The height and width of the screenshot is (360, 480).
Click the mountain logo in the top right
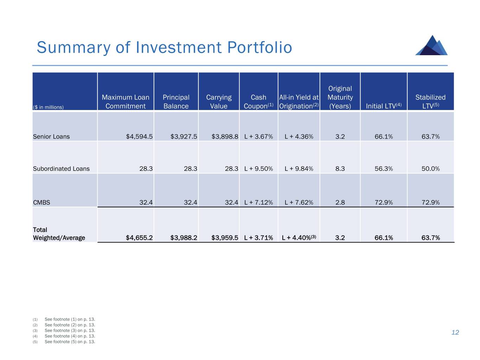tap(431, 45)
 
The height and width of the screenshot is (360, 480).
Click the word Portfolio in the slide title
tap(260, 47)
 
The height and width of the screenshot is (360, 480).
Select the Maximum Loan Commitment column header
tap(126, 102)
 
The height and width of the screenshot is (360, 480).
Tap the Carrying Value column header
tap(219, 102)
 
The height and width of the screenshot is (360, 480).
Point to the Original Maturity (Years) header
tap(340, 97)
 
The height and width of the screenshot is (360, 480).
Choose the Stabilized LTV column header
tap(430, 102)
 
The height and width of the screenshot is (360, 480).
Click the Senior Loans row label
tap(51, 136)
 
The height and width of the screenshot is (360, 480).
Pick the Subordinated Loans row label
tap(61, 169)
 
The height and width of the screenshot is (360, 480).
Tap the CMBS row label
tap(41, 202)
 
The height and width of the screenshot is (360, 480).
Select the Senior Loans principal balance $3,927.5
tap(184, 136)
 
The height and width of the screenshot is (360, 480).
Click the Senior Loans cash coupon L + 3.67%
tap(258, 136)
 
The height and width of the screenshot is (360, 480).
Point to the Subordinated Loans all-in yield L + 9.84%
tap(299, 169)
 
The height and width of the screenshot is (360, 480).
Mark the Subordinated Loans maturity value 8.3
tap(340, 169)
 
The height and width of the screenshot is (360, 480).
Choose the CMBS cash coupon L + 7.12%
tap(258, 202)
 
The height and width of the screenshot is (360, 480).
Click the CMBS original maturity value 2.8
tap(340, 202)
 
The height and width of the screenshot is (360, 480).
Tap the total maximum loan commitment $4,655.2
tap(139, 238)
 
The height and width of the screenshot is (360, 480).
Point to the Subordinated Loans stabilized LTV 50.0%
tap(430, 169)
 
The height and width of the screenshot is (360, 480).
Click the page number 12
tap(455, 333)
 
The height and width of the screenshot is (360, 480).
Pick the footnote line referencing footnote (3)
tap(70, 330)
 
